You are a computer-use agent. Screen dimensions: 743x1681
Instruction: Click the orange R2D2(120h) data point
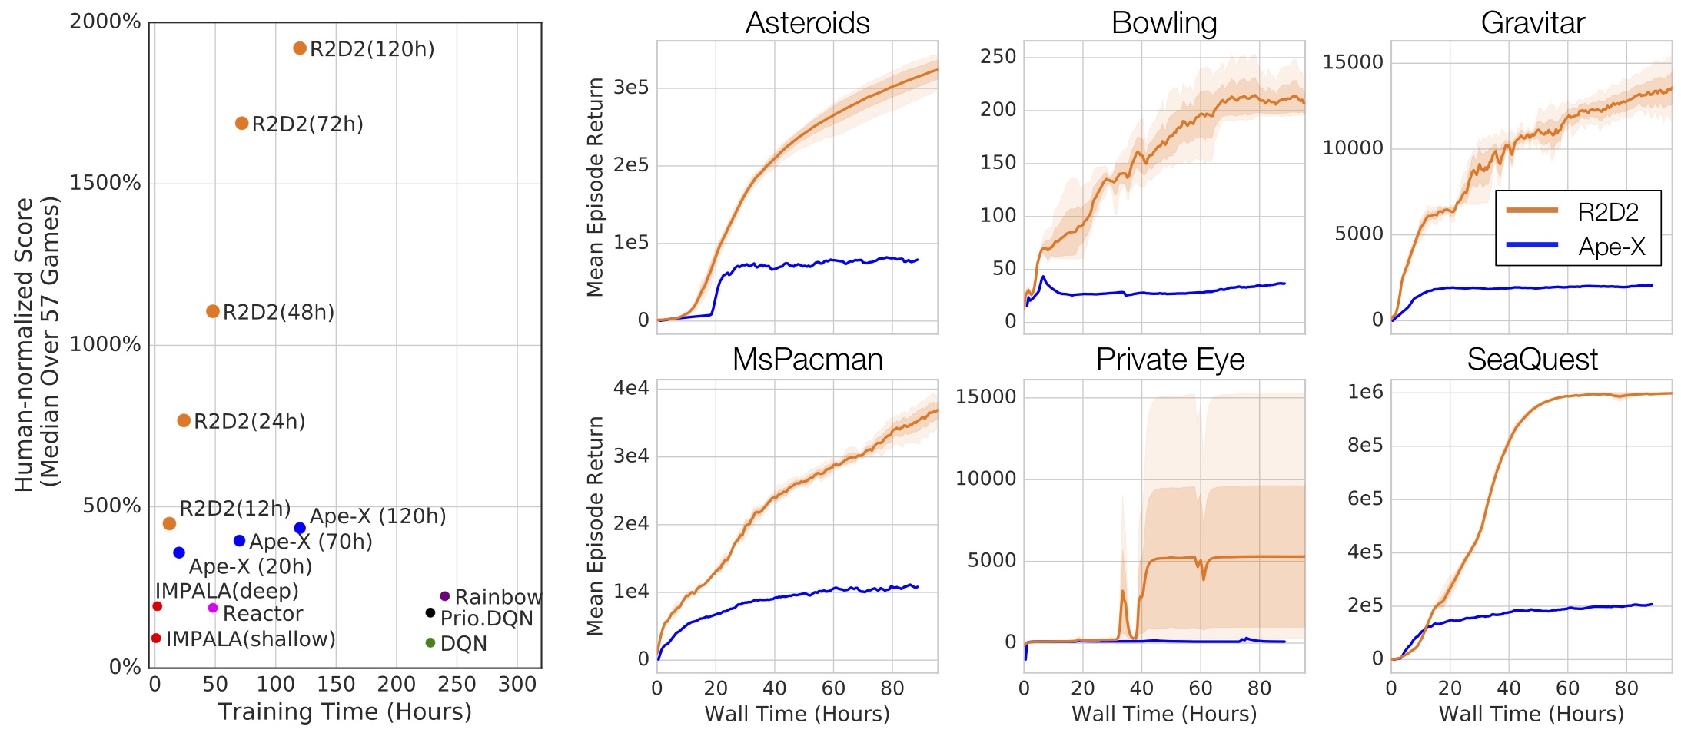pyautogui.click(x=300, y=48)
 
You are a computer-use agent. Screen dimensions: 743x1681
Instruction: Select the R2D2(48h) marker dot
pyautogui.click(x=213, y=311)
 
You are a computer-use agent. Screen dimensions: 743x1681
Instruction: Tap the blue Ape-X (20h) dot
pyautogui.click(x=179, y=552)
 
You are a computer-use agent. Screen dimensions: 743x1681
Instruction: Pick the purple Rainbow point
pyautogui.click(x=444, y=596)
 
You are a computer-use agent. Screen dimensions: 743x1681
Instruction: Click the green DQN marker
pyautogui.click(x=430, y=642)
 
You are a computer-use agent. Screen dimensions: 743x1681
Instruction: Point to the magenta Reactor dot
pyautogui.click(x=213, y=608)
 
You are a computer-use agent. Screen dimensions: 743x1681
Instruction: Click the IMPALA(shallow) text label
pyautogui.click(x=251, y=639)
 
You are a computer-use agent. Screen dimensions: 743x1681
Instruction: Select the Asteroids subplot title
pyautogui.click(x=807, y=23)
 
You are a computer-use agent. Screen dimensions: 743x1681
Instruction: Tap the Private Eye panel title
pyautogui.click(x=1170, y=360)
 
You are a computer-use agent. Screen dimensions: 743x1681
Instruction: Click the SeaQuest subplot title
pyautogui.click(x=1532, y=360)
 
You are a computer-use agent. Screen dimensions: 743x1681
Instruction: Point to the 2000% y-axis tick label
pyautogui.click(x=105, y=22)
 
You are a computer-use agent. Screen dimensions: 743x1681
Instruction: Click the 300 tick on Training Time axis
pyautogui.click(x=517, y=684)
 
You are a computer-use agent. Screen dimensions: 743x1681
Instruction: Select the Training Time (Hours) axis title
pyautogui.click(x=344, y=711)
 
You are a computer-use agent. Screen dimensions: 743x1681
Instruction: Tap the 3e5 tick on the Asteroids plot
pyautogui.click(x=631, y=88)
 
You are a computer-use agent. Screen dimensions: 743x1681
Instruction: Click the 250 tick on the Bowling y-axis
pyautogui.click(x=998, y=56)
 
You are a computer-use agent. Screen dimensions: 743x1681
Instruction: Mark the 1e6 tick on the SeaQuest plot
pyautogui.click(x=1365, y=393)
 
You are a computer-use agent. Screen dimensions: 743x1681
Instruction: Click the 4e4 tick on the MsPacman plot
pyautogui.click(x=631, y=388)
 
